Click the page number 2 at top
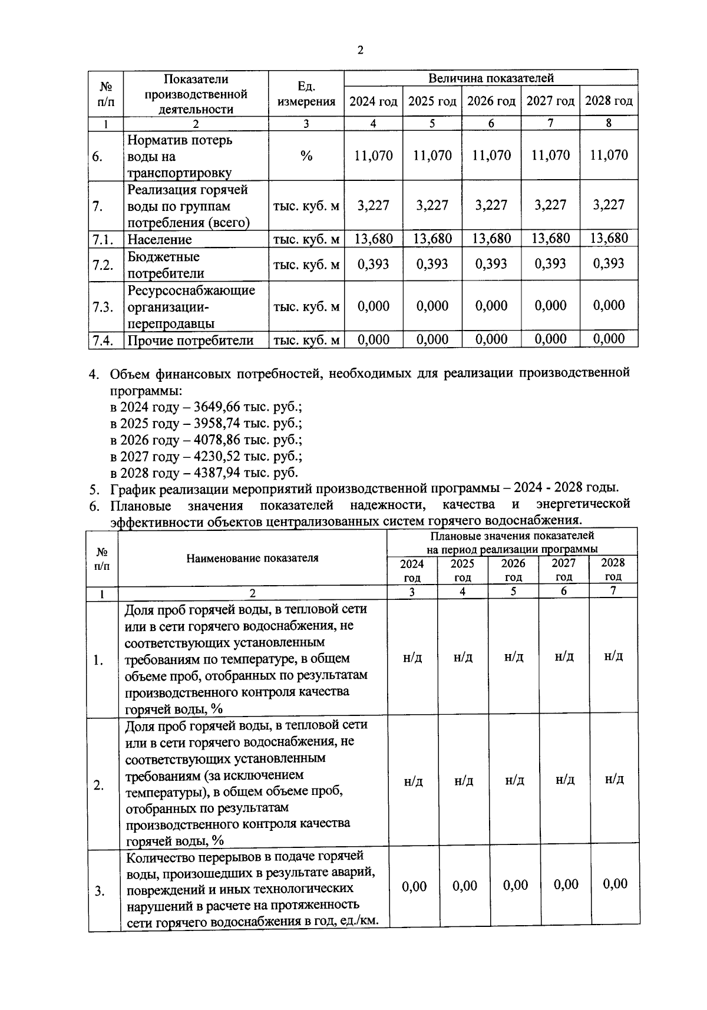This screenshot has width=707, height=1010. click(x=361, y=50)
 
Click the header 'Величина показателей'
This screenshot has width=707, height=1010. click(x=491, y=78)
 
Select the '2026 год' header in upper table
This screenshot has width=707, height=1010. click(x=491, y=101)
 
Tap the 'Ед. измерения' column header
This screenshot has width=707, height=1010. click(x=306, y=94)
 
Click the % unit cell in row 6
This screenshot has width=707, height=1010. click(x=306, y=156)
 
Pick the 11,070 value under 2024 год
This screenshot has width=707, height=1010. click(x=374, y=156)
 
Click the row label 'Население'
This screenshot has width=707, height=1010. click(x=160, y=239)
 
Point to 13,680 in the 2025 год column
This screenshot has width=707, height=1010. click(x=432, y=239)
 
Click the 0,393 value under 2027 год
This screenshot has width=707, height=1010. click(x=550, y=263)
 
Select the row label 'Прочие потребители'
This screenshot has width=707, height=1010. click(x=190, y=340)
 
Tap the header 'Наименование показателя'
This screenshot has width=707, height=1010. click(x=252, y=558)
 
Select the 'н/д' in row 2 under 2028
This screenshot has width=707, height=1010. click(x=614, y=780)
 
